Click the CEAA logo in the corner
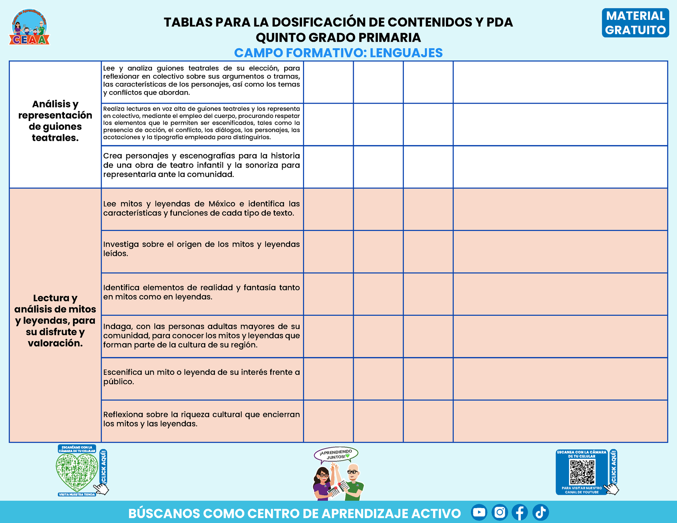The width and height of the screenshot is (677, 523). coord(29,27)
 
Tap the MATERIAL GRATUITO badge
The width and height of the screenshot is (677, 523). coord(635,23)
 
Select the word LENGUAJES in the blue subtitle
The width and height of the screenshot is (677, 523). coord(406,53)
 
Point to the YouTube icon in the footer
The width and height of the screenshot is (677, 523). coord(479,512)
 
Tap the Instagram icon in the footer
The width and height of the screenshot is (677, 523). coord(500,512)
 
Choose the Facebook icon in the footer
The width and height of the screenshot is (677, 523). coord(520,512)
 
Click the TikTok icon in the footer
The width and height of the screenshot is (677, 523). coord(541,512)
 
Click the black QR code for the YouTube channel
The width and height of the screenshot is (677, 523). coord(582,472)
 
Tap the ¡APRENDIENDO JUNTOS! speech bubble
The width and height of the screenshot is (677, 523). coord(336,454)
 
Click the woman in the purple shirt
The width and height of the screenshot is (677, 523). coord(323,483)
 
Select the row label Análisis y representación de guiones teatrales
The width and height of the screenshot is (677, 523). coord(55,121)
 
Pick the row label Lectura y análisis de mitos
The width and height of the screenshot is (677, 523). coord(55,320)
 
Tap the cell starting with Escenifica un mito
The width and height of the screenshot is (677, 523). coord(201,377)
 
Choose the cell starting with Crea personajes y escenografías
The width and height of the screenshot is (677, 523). coord(201,165)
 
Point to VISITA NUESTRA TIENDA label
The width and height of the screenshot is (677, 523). coord(77,494)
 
